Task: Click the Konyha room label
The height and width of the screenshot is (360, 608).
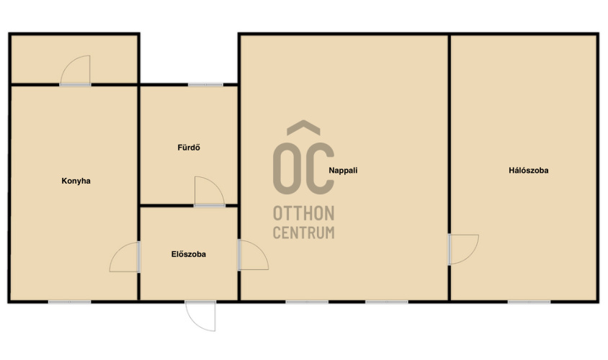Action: (76, 181)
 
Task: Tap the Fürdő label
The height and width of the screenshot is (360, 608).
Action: (189, 148)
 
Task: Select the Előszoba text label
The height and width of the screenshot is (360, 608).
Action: (189, 254)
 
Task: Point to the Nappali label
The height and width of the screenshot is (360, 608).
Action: (343, 170)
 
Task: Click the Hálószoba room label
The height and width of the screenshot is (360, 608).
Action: (529, 170)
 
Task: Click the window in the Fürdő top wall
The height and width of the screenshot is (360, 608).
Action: (205, 84)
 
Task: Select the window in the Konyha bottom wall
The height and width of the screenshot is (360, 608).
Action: (69, 302)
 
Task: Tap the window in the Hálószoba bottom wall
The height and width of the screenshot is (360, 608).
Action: (529, 302)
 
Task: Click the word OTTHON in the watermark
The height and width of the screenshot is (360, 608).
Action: (303, 214)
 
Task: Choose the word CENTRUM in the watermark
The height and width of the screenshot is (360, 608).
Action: (303, 233)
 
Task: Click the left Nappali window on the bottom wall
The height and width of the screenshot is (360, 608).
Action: (307, 302)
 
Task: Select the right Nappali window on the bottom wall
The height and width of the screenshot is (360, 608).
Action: (387, 302)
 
